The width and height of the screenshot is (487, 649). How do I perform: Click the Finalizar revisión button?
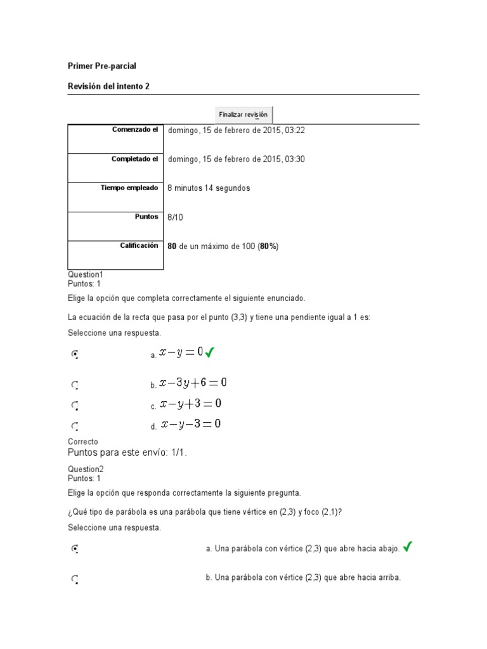click(243, 115)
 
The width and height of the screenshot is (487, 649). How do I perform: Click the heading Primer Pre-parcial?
click(101, 66)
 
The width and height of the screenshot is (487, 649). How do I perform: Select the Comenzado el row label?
click(135, 130)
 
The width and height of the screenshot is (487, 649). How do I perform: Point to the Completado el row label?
click(135, 159)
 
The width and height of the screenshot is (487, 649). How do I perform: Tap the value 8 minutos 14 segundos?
click(209, 188)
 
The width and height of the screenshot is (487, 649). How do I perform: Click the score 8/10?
click(174, 217)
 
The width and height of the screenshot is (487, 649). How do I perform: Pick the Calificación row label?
click(139, 246)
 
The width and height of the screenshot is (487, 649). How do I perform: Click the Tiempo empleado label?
click(129, 188)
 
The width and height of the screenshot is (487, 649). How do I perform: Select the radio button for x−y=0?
click(75, 355)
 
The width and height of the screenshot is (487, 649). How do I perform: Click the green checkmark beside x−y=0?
click(210, 352)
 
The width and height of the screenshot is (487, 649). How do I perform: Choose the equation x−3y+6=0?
click(193, 383)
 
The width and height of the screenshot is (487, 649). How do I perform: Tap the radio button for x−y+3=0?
click(75, 405)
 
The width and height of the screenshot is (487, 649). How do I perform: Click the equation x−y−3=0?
click(190, 425)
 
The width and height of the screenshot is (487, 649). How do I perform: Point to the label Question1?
click(85, 274)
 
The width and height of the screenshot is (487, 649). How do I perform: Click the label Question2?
click(85, 469)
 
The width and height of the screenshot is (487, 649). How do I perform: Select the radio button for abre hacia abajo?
click(75, 549)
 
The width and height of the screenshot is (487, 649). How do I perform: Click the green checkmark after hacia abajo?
click(408, 547)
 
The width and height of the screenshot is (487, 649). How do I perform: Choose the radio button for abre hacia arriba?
click(75, 579)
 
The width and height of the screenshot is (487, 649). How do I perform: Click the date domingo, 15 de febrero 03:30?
click(236, 159)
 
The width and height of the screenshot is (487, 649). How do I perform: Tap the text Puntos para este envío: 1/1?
click(127, 453)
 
